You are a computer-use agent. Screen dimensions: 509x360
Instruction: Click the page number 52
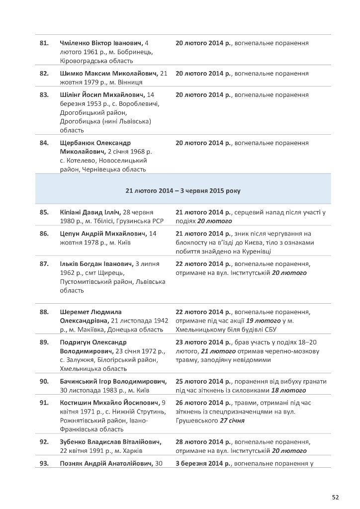[336, 497]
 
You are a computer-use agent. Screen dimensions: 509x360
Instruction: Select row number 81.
[44, 43]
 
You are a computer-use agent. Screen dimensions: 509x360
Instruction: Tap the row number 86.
[44, 233]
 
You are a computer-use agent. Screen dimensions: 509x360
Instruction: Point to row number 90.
[44, 381]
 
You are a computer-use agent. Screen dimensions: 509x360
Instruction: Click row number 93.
[44, 464]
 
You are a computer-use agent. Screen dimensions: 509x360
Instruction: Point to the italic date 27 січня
[235, 420]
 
